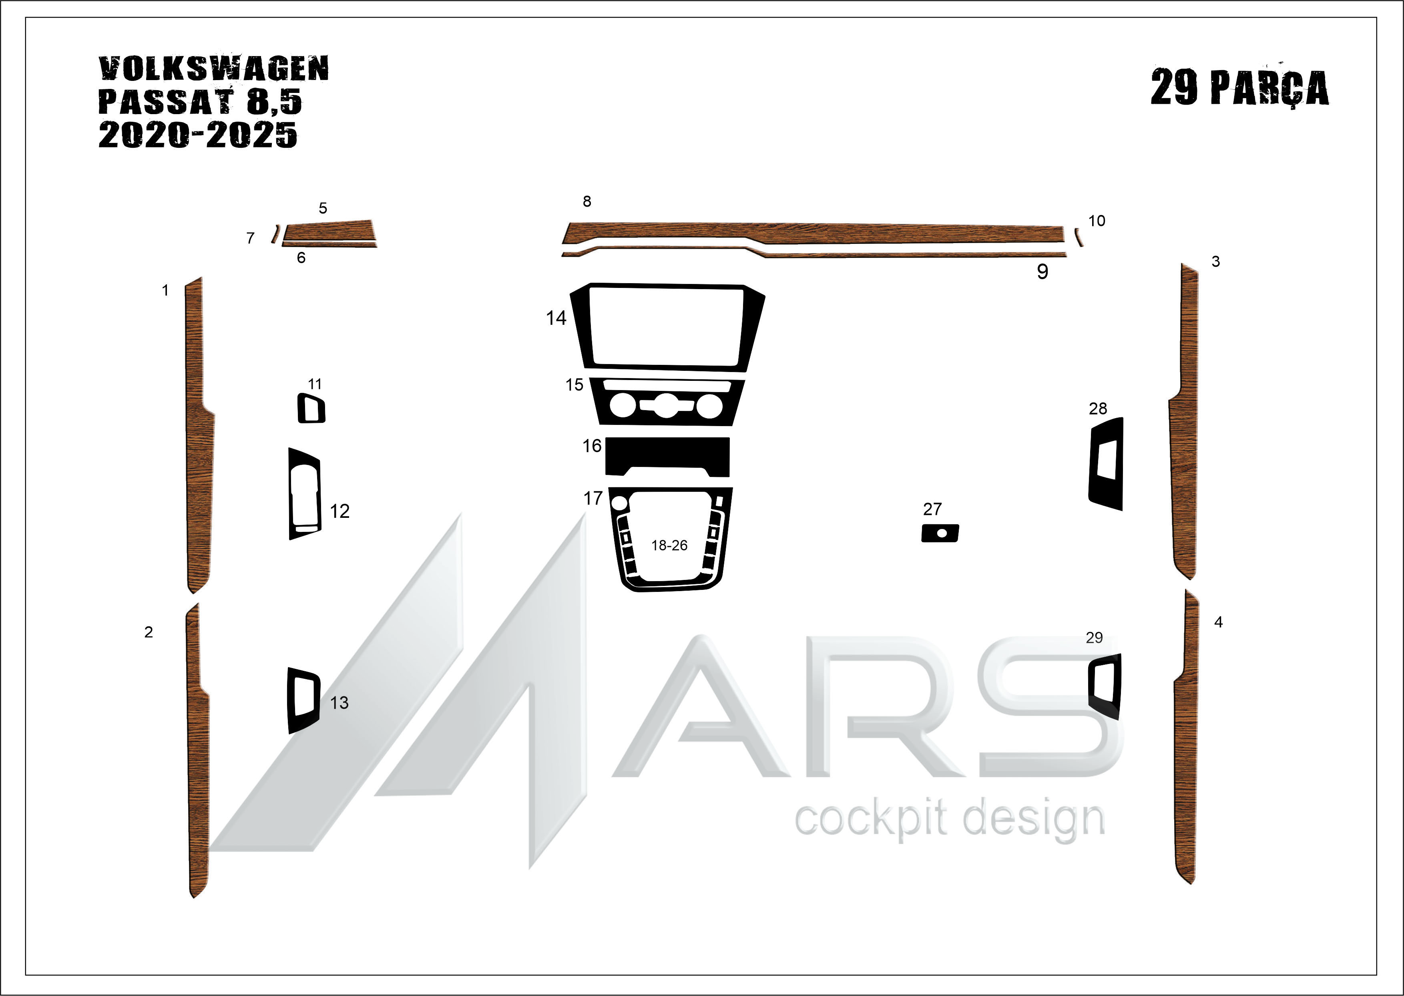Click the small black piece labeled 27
940,533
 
